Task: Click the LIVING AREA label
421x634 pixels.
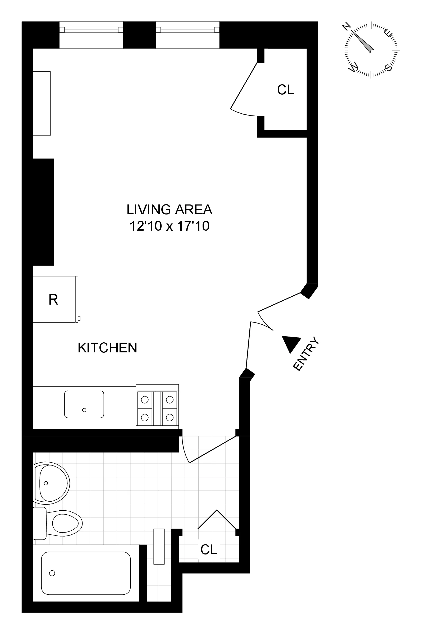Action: point(170,209)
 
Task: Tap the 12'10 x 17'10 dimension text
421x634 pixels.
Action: point(170,226)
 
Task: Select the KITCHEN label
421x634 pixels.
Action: point(107,348)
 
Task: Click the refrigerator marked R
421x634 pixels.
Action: point(53,299)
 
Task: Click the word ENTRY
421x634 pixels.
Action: point(306,354)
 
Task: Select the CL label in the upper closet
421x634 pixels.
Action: point(285,90)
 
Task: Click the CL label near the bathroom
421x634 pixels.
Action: point(209,550)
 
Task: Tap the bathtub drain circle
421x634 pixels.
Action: point(52,573)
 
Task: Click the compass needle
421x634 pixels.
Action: point(363,41)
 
